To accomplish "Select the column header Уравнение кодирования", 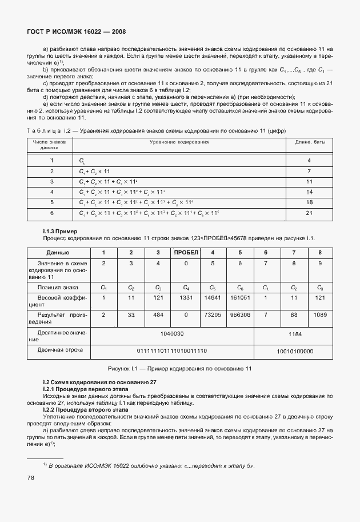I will click(179, 141).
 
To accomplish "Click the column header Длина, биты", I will click(309, 141).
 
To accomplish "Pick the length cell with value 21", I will click(309, 213).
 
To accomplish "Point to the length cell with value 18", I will click(309, 202).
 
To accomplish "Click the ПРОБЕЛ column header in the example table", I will click(186, 252).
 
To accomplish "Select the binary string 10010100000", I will click(295, 351).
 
